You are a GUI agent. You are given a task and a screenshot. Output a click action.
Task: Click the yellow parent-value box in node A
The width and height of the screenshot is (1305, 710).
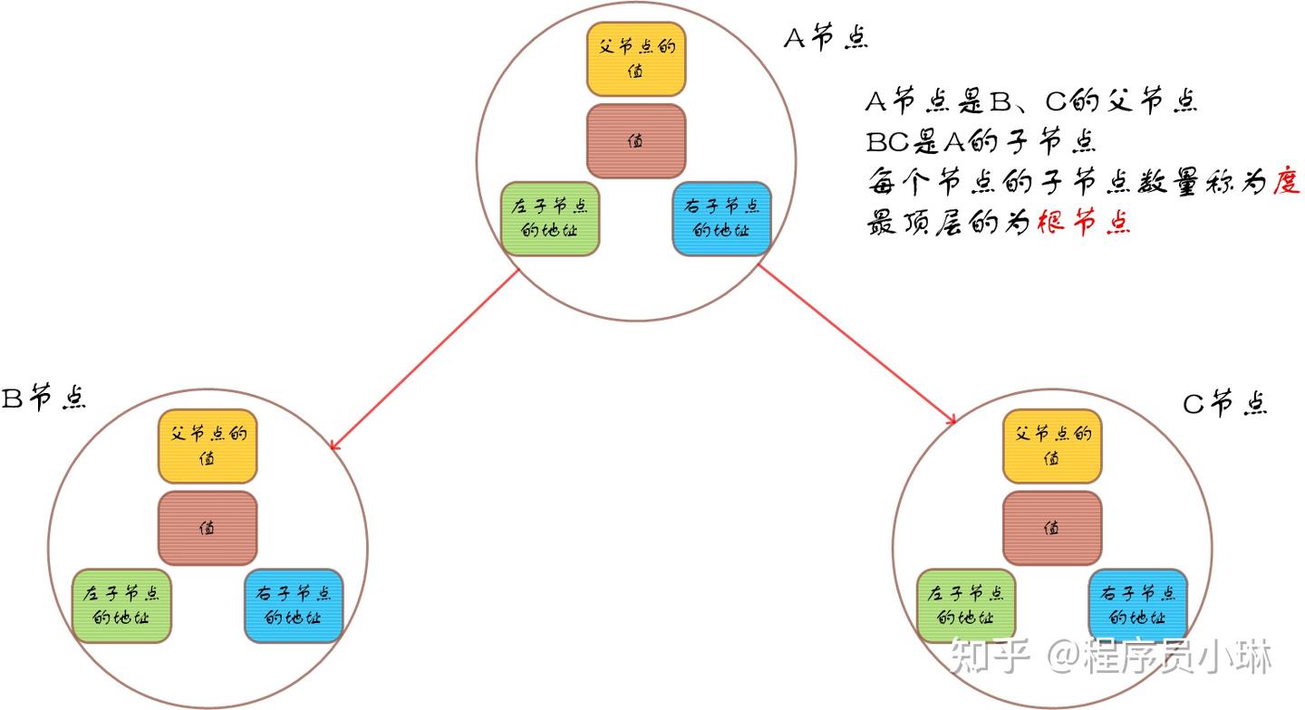[x=635, y=60]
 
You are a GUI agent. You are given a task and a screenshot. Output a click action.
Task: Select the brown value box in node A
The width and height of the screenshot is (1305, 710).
[x=635, y=141]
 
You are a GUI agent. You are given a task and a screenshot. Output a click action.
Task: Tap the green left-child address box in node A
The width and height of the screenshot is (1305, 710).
[x=550, y=219]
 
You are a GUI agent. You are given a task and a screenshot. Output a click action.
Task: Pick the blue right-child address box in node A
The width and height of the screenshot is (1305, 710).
[x=721, y=219]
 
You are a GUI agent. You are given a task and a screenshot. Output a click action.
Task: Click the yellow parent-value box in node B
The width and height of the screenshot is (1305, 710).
[x=208, y=446]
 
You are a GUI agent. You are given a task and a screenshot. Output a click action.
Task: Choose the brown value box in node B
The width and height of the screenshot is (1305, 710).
[x=208, y=528]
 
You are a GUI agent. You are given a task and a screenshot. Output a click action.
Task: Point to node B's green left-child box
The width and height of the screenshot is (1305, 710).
[x=121, y=606]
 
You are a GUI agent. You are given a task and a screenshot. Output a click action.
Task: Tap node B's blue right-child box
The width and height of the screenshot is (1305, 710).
[x=294, y=606]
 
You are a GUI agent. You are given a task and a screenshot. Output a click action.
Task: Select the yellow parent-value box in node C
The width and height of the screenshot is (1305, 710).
[x=1052, y=446]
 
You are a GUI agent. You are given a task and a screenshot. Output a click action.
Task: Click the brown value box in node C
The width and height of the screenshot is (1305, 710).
[x=1052, y=528]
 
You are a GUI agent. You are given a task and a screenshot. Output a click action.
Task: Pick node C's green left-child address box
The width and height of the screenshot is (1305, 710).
[x=966, y=606]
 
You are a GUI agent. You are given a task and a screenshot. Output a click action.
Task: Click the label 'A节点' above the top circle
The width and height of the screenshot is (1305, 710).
[x=826, y=38]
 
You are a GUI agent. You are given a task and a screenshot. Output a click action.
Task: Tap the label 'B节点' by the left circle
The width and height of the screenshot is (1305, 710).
[x=44, y=398]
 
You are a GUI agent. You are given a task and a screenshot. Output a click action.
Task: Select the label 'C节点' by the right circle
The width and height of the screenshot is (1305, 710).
[x=1225, y=403]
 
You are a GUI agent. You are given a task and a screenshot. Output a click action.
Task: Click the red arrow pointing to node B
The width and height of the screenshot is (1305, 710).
[x=424, y=360]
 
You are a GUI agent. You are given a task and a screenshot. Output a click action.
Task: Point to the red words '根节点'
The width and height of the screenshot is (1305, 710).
[x=1084, y=222]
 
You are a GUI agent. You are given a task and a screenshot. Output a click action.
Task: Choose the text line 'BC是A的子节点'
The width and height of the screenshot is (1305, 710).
[x=981, y=141]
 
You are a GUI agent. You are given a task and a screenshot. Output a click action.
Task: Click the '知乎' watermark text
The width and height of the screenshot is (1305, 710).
[x=991, y=656]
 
